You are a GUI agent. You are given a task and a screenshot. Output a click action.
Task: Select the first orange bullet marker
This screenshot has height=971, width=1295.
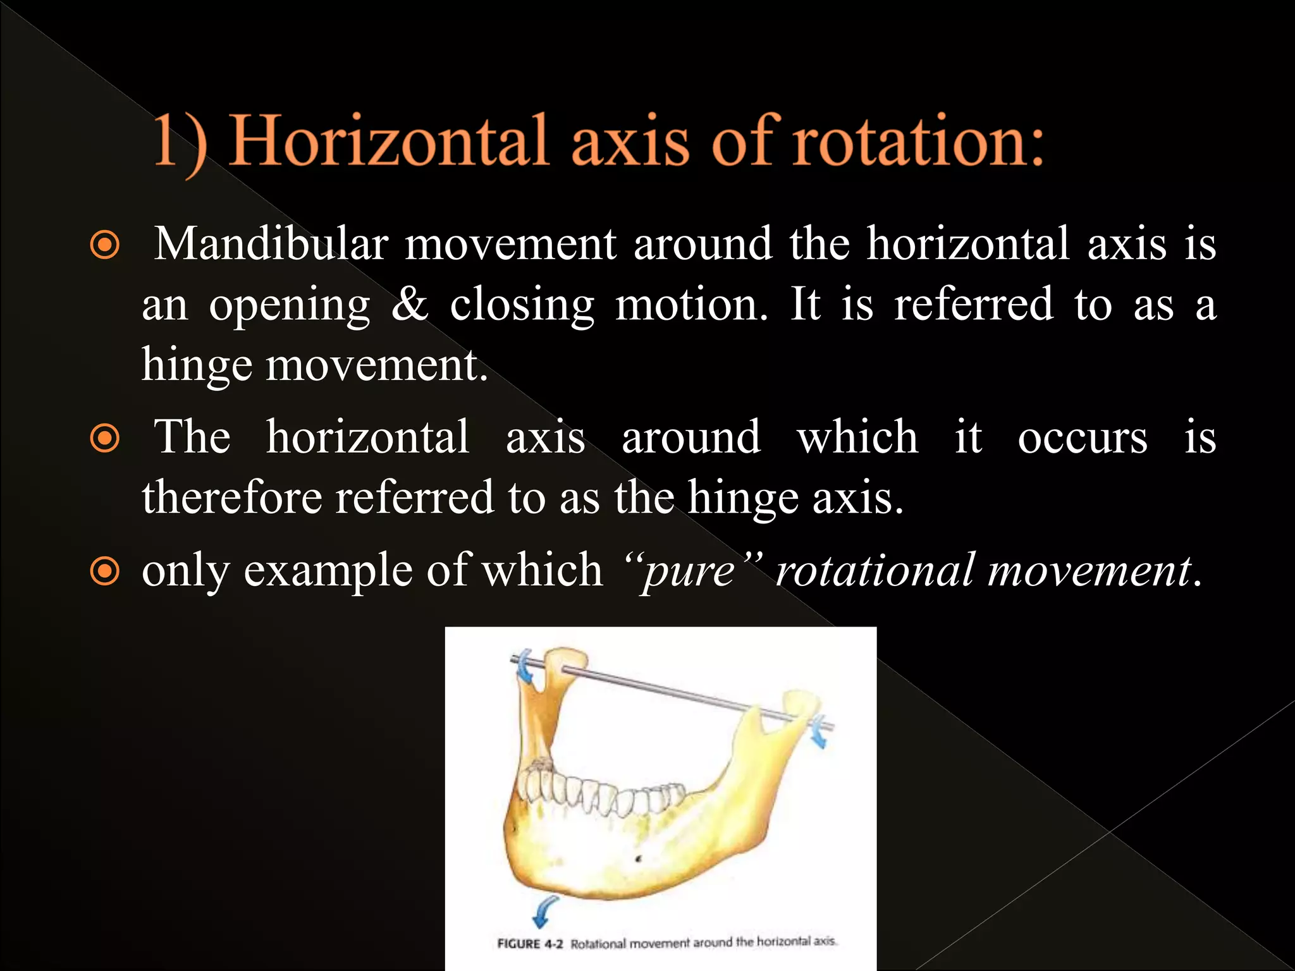point(105,245)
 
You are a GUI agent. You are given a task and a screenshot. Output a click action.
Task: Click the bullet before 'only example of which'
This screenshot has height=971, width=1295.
point(105,571)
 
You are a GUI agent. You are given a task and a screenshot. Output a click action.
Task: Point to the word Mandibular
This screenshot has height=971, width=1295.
point(271,244)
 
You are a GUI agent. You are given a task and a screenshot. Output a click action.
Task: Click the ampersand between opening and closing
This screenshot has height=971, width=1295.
point(410,304)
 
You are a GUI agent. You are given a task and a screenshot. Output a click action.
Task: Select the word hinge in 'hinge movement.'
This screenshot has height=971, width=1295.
point(197,366)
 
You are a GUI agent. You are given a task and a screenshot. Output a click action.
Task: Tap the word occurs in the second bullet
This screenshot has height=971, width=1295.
point(1082,437)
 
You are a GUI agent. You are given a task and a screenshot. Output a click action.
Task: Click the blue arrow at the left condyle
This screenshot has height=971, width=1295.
point(524,668)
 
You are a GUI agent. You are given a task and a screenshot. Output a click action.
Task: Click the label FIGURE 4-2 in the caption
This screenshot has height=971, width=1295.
point(529,944)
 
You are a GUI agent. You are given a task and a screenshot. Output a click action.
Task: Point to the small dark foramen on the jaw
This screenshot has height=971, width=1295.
point(638,859)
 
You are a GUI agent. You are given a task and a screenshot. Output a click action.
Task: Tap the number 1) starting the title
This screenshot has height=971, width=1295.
point(180,142)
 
